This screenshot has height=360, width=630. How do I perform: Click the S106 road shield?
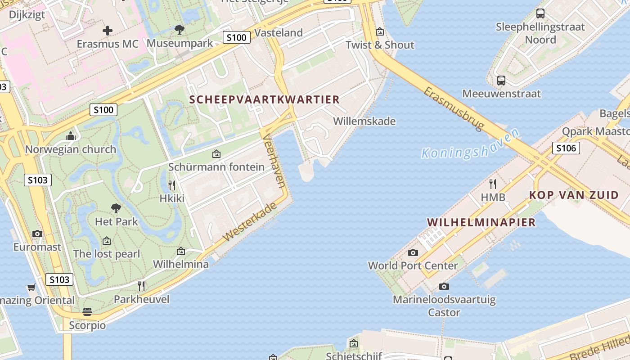(566, 148)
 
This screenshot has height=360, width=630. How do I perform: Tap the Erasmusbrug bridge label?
(454, 108)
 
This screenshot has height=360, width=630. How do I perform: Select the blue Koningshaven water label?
(471, 144)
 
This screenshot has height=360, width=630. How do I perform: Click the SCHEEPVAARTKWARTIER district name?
(265, 99)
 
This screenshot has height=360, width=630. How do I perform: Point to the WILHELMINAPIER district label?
(481, 222)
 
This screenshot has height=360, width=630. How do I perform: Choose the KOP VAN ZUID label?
(574, 195)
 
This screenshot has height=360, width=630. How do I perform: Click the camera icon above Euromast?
(37, 234)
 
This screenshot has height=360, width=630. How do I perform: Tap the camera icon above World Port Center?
(413, 252)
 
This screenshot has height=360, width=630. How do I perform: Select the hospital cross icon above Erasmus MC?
(107, 31)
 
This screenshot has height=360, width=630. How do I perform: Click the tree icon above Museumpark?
(180, 30)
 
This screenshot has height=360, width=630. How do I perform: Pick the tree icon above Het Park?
(116, 208)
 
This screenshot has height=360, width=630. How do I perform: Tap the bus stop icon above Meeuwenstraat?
(501, 81)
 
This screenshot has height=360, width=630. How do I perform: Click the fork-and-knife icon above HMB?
(493, 184)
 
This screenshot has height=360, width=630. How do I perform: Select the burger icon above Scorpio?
(87, 312)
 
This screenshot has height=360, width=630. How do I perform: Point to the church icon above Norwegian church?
(71, 136)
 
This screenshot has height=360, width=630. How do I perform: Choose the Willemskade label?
(364, 121)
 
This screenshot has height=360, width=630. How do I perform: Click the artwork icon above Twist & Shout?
(380, 31)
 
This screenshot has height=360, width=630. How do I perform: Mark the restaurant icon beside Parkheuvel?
(141, 286)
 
